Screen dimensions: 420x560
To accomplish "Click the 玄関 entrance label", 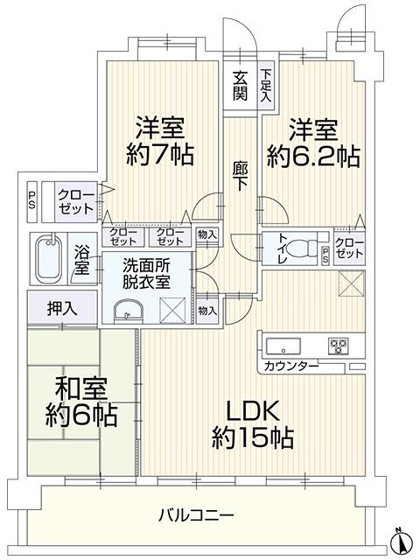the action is tap(240, 86).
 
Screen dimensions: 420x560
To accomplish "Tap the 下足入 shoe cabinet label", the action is tap(265, 86).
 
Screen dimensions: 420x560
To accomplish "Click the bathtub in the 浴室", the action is tap(49, 258).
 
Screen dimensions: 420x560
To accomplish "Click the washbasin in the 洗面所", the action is tap(128, 311).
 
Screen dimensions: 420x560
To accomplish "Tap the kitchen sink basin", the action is tap(283, 346).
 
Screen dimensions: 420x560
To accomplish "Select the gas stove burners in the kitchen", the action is tap(339, 346).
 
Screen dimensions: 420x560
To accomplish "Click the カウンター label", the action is tap(291, 366).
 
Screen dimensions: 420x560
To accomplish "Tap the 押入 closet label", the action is tap(62, 309).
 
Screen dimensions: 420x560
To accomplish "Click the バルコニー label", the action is tap(196, 515).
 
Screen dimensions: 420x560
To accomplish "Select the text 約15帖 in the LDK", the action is tap(253, 437).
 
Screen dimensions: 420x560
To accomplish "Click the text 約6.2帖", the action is tap(313, 157).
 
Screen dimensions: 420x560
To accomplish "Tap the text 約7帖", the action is tap(160, 154).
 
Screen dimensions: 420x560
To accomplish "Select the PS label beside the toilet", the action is tap(325, 256).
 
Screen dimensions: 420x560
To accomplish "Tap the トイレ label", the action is tap(282, 248).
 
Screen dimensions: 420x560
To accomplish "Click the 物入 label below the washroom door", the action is tap(207, 311).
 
